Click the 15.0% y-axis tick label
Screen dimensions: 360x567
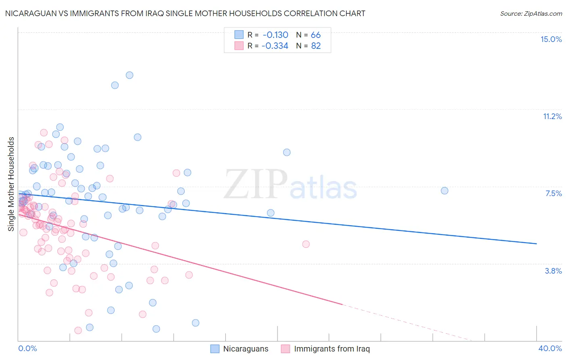point(551,39)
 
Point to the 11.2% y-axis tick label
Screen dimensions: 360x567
point(552,116)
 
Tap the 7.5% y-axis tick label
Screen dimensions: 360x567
point(553,193)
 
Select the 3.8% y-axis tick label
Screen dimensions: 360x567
point(553,271)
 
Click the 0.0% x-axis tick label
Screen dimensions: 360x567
point(27,348)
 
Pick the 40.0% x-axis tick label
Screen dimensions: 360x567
point(550,348)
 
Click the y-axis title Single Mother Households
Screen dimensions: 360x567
point(11,184)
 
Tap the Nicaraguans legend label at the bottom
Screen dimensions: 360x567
point(246,349)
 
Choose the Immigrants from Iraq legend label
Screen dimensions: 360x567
point(331,349)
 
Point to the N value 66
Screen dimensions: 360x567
point(315,35)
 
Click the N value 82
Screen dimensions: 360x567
point(315,46)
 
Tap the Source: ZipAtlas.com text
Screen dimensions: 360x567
point(531,13)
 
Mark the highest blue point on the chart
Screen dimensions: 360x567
point(129,75)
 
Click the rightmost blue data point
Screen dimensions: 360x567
point(444,190)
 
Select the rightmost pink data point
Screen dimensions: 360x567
point(306,244)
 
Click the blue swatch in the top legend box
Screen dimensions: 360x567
point(239,35)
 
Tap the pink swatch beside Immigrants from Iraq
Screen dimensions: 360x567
point(286,349)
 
